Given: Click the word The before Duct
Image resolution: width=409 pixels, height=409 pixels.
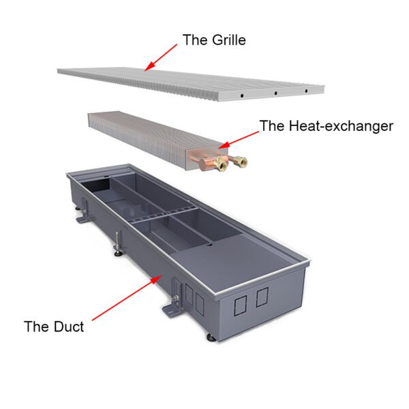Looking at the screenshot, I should coord(36,327).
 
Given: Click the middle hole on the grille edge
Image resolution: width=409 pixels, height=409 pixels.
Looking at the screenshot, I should coord(275,93).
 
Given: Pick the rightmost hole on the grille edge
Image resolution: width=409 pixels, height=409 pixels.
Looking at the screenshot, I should coord(306,90).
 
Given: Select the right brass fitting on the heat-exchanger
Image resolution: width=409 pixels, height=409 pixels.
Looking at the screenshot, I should coord(241,162).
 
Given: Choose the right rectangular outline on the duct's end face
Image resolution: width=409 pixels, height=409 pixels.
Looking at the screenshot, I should coord(262,298).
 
